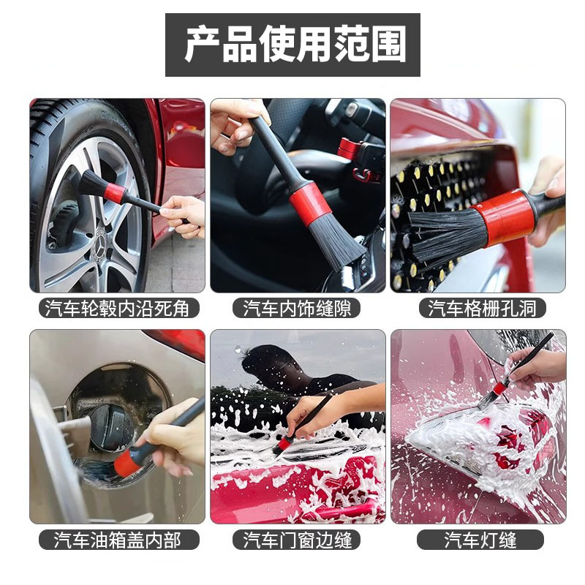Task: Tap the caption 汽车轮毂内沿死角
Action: click(x=118, y=309)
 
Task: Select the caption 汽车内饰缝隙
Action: click(x=297, y=309)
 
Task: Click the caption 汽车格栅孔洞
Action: click(x=482, y=309)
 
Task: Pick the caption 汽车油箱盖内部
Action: click(x=118, y=540)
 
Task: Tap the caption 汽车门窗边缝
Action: click(x=297, y=540)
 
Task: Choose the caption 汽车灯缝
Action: click(x=480, y=540)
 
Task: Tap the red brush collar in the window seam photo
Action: click(x=285, y=443)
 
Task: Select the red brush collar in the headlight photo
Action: click(x=500, y=389)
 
